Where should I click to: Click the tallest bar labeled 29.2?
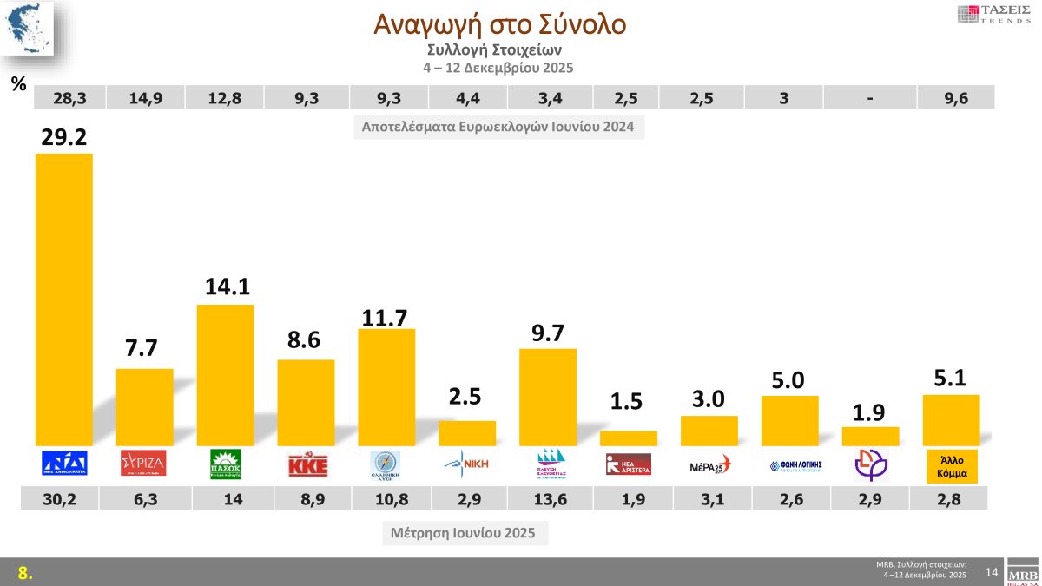[63, 300]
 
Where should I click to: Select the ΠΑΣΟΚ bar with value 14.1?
[226, 375]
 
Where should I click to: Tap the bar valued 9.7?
[548, 397]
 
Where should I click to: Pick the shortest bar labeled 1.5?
[629, 438]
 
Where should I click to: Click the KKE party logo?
[307, 464]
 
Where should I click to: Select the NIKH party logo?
[467, 464]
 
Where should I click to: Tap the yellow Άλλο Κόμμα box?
[953, 464]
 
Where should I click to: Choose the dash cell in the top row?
[868, 98]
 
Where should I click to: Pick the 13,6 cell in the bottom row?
[549, 498]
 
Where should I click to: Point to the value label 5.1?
[951, 379]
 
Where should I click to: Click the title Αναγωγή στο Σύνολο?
[499, 24]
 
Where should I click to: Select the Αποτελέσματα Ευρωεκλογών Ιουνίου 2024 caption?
[498, 128]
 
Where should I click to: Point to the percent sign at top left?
[17, 84]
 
